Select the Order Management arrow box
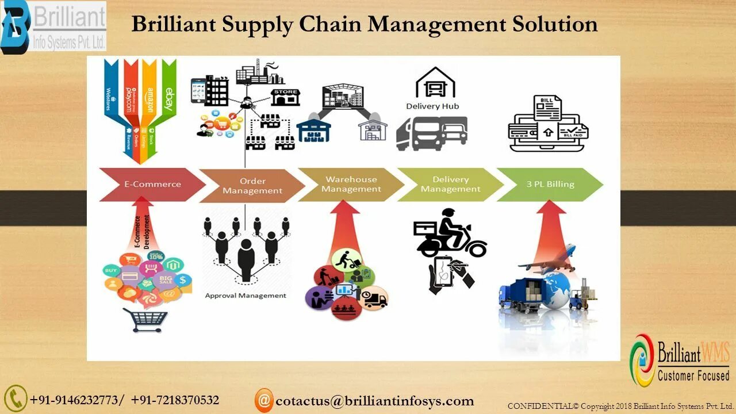[x=252, y=186]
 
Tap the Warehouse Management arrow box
[x=351, y=184]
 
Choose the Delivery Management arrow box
[x=450, y=184]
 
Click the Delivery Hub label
[x=432, y=106]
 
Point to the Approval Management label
[x=246, y=296]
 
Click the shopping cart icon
[x=144, y=320]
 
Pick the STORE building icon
[x=285, y=96]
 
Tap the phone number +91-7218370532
[x=175, y=400]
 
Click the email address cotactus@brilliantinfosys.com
[x=374, y=401]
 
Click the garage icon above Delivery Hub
[x=435, y=83]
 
